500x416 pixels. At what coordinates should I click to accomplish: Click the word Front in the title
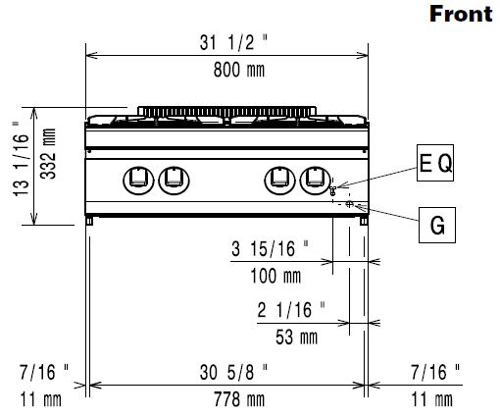(461, 15)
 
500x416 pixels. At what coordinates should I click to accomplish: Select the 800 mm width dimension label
(239, 70)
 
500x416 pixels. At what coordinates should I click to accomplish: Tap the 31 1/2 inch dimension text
(233, 42)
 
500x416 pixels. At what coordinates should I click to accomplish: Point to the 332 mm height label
(48, 154)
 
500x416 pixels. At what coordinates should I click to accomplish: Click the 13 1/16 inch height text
(21, 159)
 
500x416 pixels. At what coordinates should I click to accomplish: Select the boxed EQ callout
(435, 163)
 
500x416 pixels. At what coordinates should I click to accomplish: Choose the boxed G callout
(437, 225)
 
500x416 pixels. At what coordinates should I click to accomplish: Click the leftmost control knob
(138, 180)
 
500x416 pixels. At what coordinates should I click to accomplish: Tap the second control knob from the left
(174, 180)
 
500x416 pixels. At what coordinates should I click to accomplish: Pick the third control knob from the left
(279, 180)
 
